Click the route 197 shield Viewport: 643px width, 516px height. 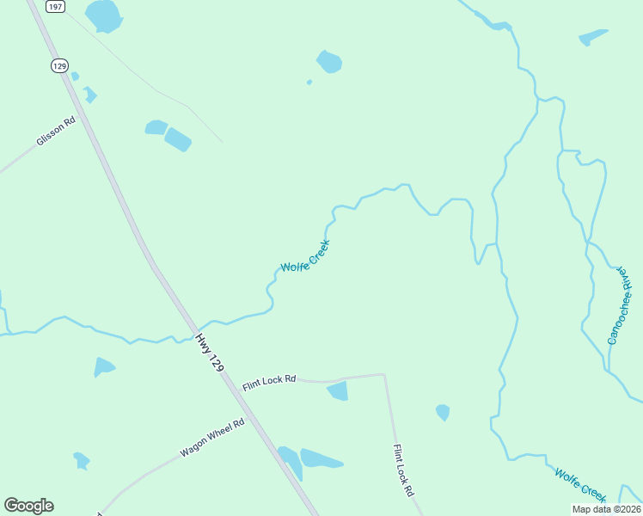coord(56,6)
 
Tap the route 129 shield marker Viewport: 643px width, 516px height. coord(58,65)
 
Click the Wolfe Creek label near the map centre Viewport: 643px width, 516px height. coord(305,256)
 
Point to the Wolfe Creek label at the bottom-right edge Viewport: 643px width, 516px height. coord(580,484)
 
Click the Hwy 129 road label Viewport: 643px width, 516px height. coord(210,353)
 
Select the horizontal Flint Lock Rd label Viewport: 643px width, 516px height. coord(269,378)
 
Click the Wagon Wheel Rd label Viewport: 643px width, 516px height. coord(212,438)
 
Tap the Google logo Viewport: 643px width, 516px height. coord(28,506)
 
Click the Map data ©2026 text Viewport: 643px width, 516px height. coord(606,509)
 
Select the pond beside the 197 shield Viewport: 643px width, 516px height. coord(104,15)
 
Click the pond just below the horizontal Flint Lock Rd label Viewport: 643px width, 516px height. coord(338,391)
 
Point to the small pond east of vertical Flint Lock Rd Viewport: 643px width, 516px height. coord(443,412)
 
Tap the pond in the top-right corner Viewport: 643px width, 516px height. coord(593,37)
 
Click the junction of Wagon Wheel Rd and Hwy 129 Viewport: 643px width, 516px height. coord(254,421)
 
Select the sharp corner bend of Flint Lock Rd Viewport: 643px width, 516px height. coord(383,374)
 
